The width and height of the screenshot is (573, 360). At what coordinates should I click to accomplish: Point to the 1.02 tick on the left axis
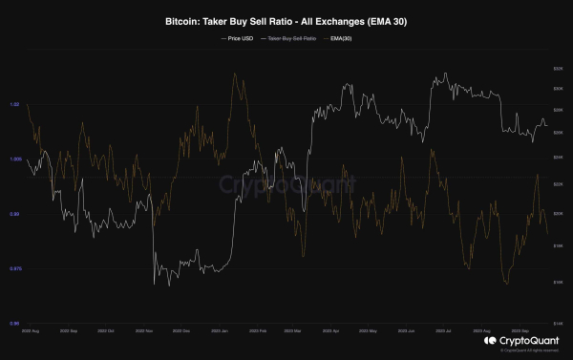pyautogui.click(x=15, y=104)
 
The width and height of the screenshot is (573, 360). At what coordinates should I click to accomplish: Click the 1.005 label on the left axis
pyautogui.click(x=15, y=159)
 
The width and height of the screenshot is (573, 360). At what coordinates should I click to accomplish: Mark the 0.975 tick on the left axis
pyautogui.click(x=15, y=268)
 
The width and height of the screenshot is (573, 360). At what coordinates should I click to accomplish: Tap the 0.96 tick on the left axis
pyautogui.click(x=15, y=324)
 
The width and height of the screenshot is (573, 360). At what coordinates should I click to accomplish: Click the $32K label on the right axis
pyautogui.click(x=557, y=69)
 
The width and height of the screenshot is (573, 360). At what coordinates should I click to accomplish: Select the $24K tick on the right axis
pyautogui.click(x=557, y=156)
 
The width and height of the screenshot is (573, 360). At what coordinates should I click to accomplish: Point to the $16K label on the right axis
pyautogui.click(x=557, y=282)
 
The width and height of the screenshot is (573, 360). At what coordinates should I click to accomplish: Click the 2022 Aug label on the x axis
pyautogui.click(x=31, y=332)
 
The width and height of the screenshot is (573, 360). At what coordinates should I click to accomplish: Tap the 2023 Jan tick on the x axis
pyautogui.click(x=219, y=332)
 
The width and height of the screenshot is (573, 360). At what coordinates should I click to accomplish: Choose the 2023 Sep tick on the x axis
pyautogui.click(x=520, y=332)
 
